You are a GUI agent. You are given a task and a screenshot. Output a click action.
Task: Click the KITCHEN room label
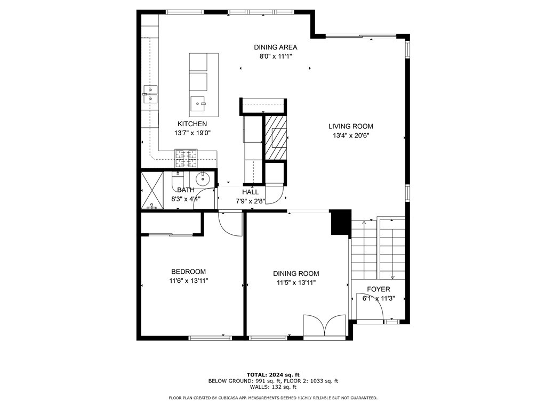(192, 124)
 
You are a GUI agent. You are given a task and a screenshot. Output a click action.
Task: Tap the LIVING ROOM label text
(350, 126)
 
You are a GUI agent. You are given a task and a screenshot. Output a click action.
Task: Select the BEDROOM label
(188, 272)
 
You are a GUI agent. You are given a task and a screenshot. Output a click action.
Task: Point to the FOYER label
(378, 289)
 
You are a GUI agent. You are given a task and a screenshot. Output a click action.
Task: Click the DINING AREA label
(275, 47)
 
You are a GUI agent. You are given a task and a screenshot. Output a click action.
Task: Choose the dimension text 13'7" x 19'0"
(192, 133)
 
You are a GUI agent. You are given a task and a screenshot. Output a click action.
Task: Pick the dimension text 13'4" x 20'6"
(350, 135)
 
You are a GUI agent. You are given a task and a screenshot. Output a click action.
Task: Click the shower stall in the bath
(152, 190)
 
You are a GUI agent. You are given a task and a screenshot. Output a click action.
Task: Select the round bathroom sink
(203, 179)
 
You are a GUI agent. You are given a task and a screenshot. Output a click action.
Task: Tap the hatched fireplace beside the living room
(276, 137)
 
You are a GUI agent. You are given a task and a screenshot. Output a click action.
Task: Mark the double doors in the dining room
(325, 325)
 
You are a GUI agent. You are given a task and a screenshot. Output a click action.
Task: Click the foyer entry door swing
(369, 309)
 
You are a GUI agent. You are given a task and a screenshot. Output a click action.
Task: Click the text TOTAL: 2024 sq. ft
(273, 374)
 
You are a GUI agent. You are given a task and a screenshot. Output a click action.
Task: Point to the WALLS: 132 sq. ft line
(273, 387)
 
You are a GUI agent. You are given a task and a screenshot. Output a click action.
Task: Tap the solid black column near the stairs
(341, 222)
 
